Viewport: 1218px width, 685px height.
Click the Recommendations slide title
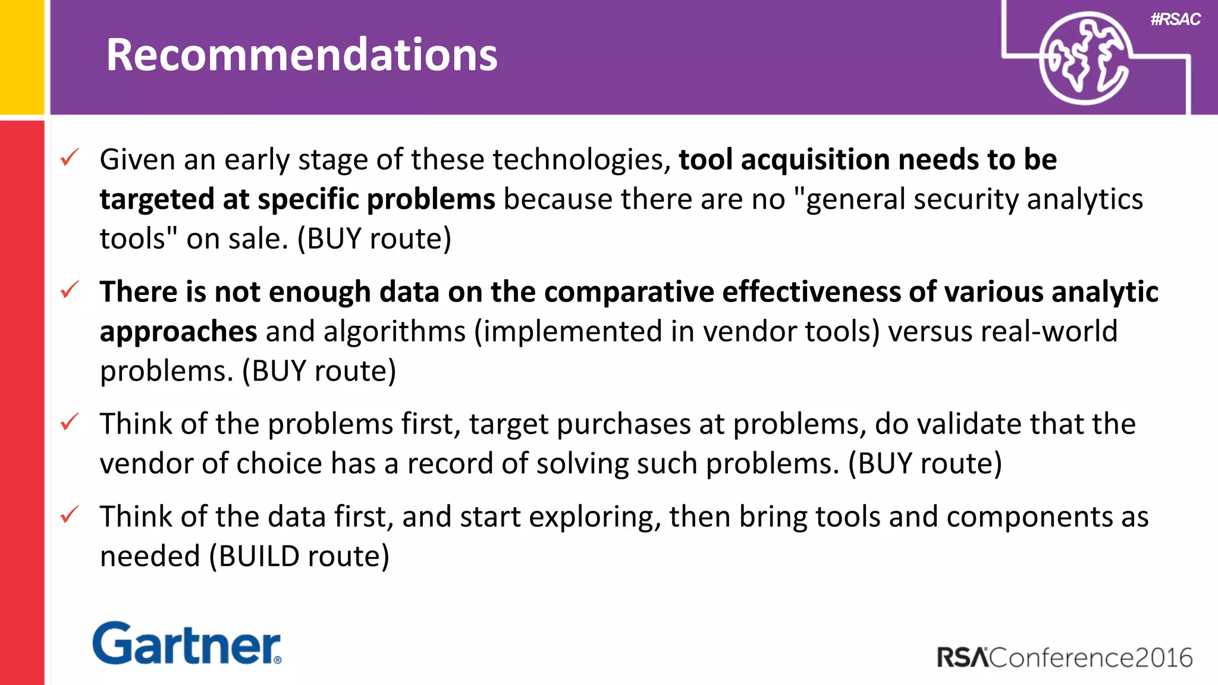point(302,55)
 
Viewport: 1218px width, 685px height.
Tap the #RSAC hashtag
point(1175,20)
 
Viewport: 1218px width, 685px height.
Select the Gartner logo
point(187,643)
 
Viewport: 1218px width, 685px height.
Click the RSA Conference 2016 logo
point(1065,658)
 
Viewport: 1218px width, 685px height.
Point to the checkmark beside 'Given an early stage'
point(70,158)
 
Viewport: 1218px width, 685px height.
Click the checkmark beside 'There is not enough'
point(70,290)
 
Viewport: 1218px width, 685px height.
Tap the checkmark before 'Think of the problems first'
point(70,422)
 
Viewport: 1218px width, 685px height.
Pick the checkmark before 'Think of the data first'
point(70,515)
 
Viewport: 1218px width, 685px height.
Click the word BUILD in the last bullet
point(259,557)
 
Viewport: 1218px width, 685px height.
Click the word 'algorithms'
point(394,332)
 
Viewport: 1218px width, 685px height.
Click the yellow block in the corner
point(22,57)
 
